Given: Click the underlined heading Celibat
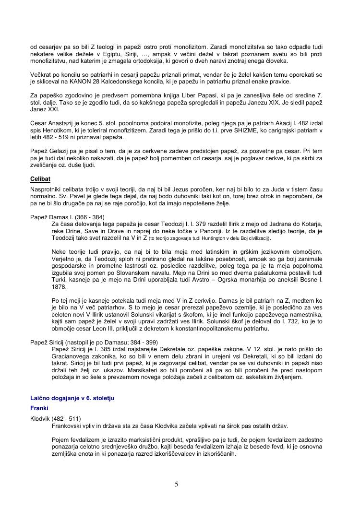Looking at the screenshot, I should (x=40, y=179).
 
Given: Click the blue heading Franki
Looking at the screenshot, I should (x=40, y=408).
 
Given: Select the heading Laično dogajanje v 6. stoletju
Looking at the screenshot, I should (x=72, y=398).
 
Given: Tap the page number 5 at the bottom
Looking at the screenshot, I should (x=177, y=484).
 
